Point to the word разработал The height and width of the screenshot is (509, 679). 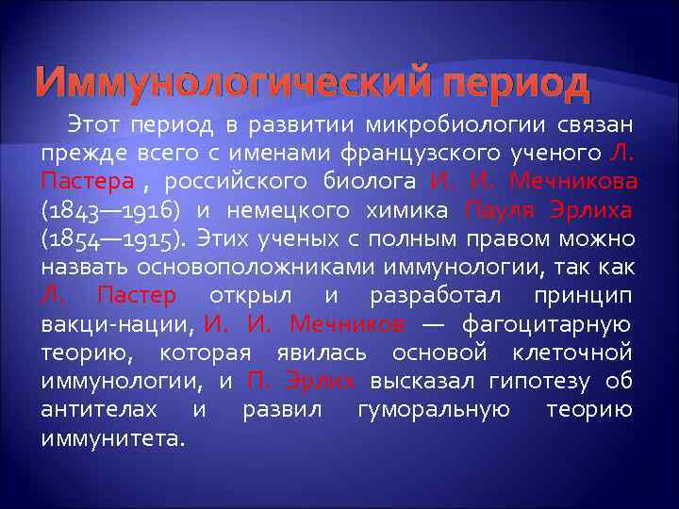[x=425, y=296]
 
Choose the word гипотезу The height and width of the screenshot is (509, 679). [x=504, y=382]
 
